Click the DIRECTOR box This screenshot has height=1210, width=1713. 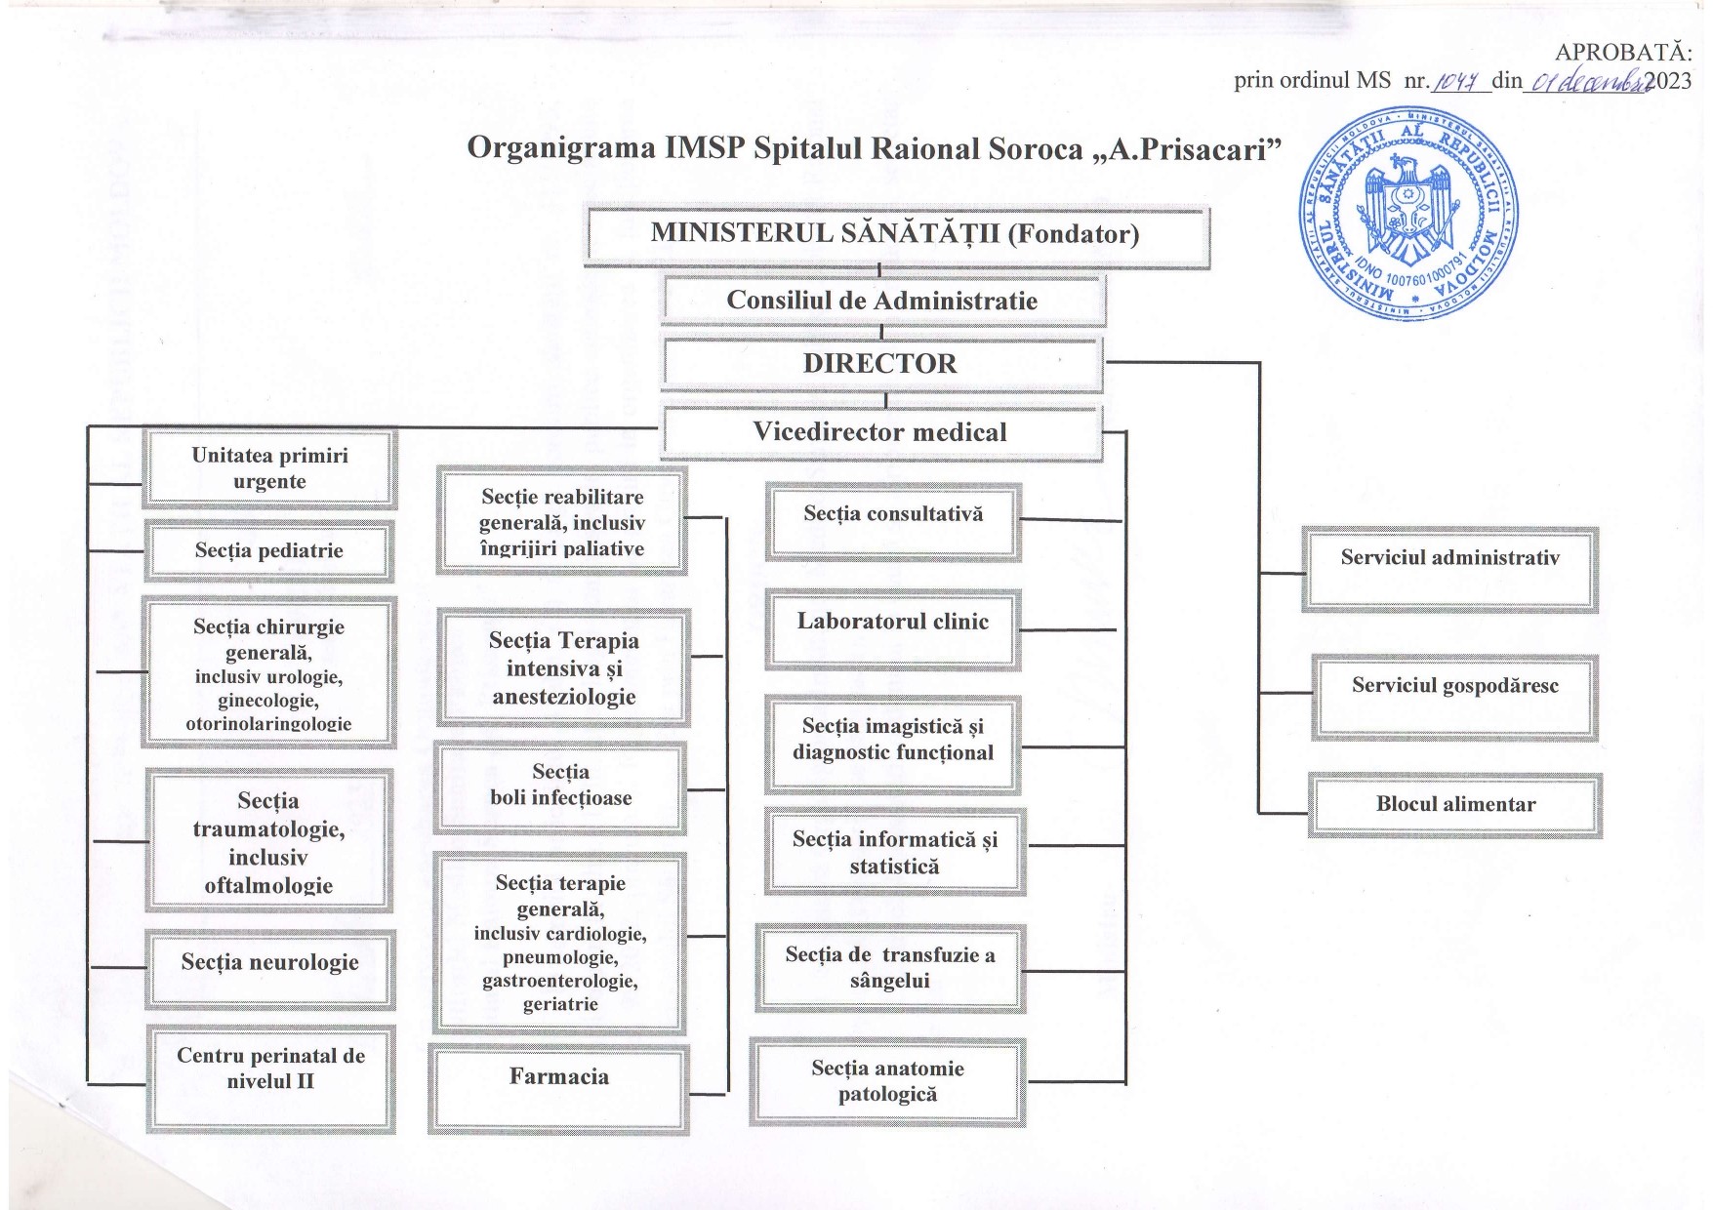(882, 364)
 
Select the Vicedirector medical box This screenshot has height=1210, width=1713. (881, 432)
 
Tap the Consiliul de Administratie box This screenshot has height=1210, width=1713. (883, 301)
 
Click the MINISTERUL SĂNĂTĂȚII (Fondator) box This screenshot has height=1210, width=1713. (896, 234)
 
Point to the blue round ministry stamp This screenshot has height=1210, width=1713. (1408, 213)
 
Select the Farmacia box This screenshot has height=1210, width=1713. (558, 1088)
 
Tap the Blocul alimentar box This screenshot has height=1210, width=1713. (1454, 805)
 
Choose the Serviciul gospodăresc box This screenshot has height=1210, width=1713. (1454, 697)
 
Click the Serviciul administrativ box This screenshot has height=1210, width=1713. (1449, 569)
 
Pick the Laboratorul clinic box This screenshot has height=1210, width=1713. (893, 629)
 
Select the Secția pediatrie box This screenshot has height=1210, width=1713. (269, 551)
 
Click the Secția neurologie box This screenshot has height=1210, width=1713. (270, 969)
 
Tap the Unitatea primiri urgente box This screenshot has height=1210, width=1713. (269, 468)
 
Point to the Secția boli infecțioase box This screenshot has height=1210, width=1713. (560, 786)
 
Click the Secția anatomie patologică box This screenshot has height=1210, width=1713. (887, 1082)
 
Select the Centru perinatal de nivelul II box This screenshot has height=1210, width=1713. (270, 1077)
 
